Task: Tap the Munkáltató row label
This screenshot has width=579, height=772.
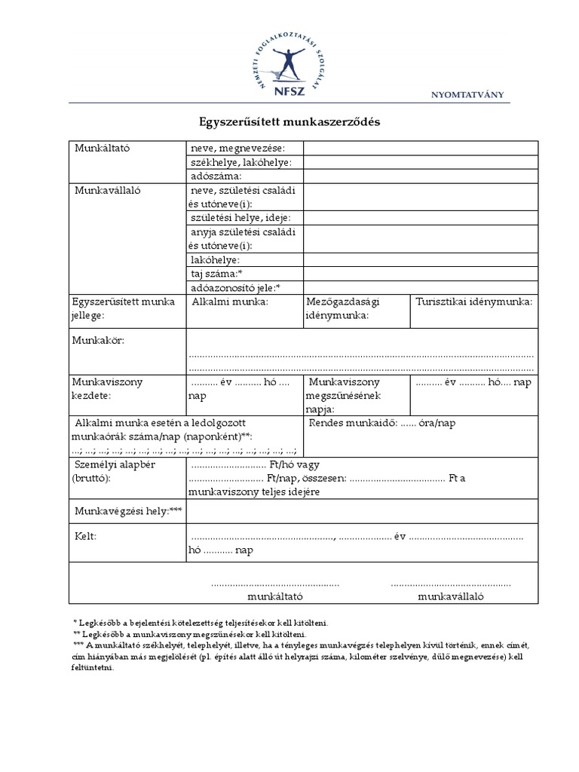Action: pos(103,149)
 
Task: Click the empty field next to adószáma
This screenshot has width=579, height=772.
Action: pos(421,176)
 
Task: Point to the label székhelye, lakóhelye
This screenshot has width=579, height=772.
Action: pos(241,162)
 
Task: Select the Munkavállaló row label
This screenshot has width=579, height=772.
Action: pos(107,191)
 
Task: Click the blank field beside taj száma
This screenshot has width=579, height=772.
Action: pos(421,273)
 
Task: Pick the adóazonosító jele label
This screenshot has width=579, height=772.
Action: pos(236,287)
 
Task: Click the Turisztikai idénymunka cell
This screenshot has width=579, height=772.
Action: pos(473,302)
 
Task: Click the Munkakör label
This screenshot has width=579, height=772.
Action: pos(98,341)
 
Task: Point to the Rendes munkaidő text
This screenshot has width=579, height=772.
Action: pos(383,424)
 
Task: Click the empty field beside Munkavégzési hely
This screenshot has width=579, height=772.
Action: pos(362,513)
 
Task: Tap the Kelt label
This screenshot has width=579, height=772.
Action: pos(85,537)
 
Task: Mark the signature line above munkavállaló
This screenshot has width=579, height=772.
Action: pos(450,584)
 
